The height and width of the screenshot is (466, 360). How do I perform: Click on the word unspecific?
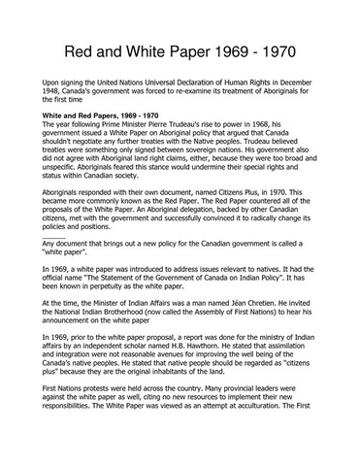coord(63,182)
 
